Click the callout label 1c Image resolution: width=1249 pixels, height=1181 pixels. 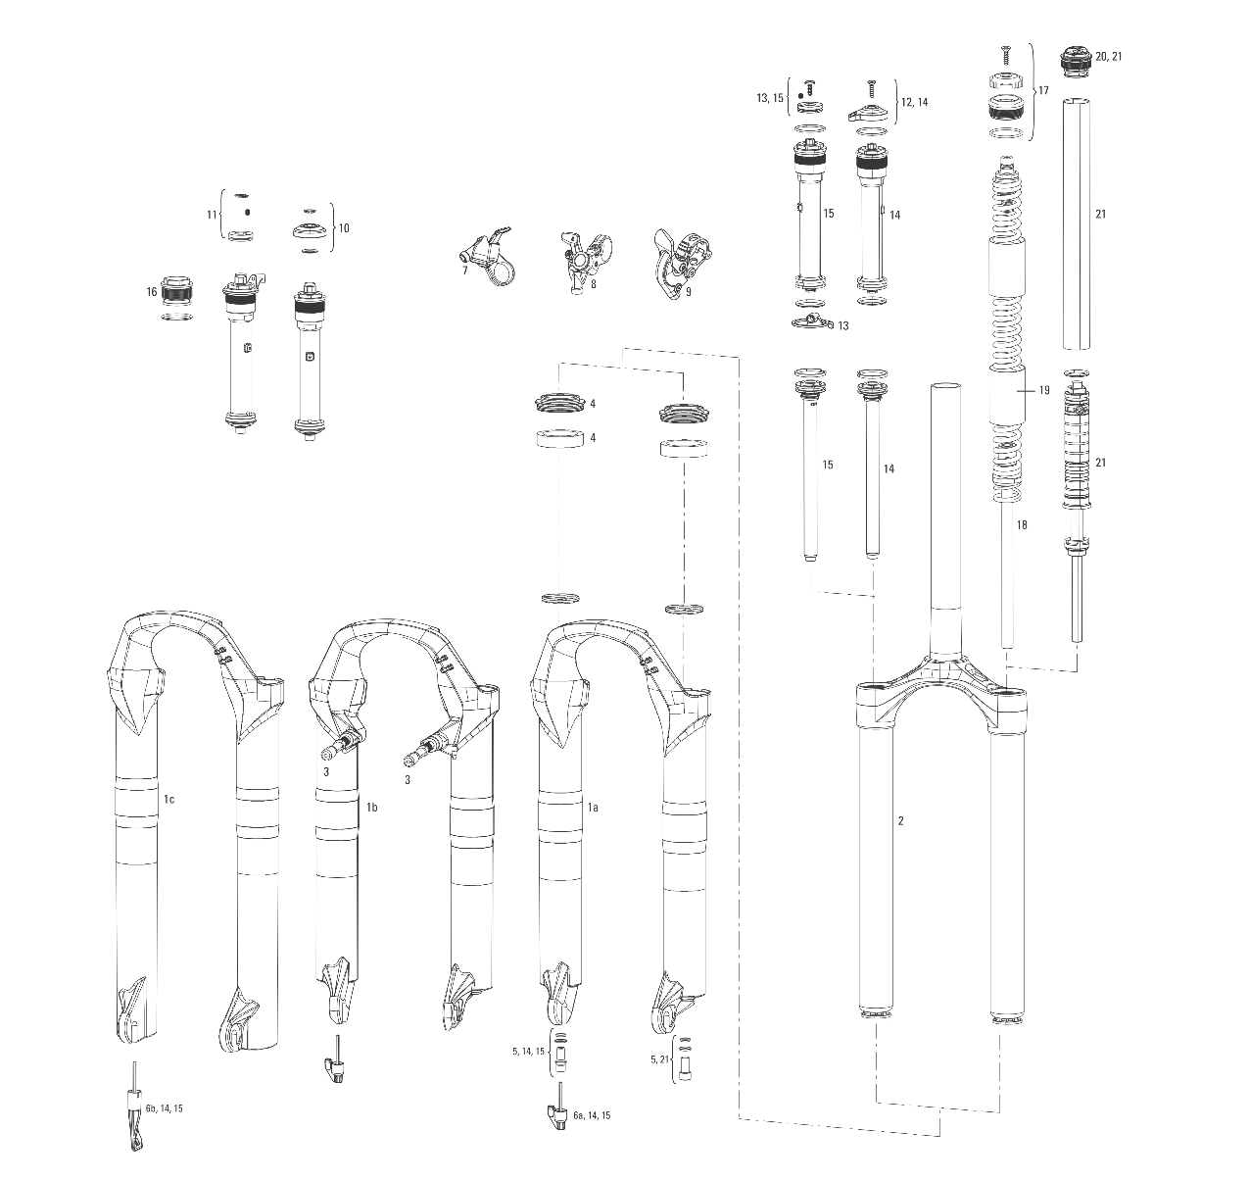[169, 799]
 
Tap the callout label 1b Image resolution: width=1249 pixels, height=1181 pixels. [371, 807]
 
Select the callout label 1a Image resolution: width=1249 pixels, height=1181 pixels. [592, 807]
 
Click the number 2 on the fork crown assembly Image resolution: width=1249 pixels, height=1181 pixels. [900, 821]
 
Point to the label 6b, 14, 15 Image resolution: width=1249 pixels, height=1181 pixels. [165, 1108]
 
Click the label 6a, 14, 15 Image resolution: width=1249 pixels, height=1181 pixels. [592, 1115]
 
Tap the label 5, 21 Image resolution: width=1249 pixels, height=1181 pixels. [659, 1059]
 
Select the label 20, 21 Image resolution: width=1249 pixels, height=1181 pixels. [1109, 56]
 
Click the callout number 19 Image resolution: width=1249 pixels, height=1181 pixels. [1044, 390]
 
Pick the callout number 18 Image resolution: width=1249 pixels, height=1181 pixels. [1022, 524]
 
